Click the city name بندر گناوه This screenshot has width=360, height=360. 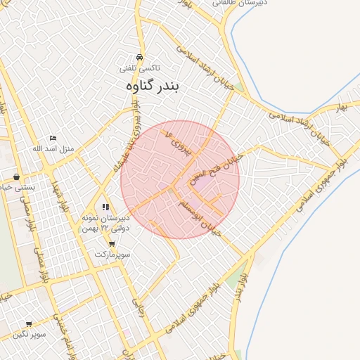point(152,86)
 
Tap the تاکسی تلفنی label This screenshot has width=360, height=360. point(140,68)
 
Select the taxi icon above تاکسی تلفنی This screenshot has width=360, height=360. point(140,57)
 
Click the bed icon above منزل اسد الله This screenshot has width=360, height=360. point(53,139)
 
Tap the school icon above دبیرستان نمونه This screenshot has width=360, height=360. point(105,207)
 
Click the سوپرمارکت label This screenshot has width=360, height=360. point(112,253)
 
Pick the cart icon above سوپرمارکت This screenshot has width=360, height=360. point(112,243)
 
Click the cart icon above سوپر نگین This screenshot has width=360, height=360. point(29,324)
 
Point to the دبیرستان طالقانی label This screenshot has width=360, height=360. point(247,4)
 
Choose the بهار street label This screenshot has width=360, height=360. point(342,106)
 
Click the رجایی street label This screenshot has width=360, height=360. point(139,304)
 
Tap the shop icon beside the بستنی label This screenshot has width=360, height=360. point(16,176)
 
